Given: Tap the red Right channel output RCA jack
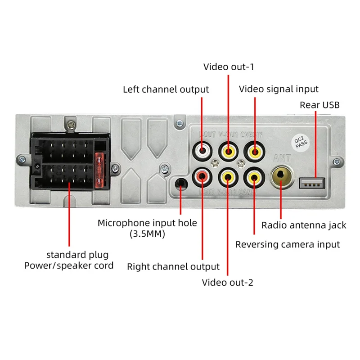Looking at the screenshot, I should (202, 176).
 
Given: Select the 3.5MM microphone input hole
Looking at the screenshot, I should (181, 183).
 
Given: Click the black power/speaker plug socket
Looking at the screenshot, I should (67, 164).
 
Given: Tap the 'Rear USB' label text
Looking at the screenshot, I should (319, 105).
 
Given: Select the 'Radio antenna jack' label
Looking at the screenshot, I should (304, 225).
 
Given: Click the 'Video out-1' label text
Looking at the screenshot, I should (229, 67).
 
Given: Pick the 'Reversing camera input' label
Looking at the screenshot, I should (288, 244).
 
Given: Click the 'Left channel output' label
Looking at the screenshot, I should (166, 89).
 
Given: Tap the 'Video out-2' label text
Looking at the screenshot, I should (227, 283).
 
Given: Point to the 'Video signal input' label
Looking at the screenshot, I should (278, 89).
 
